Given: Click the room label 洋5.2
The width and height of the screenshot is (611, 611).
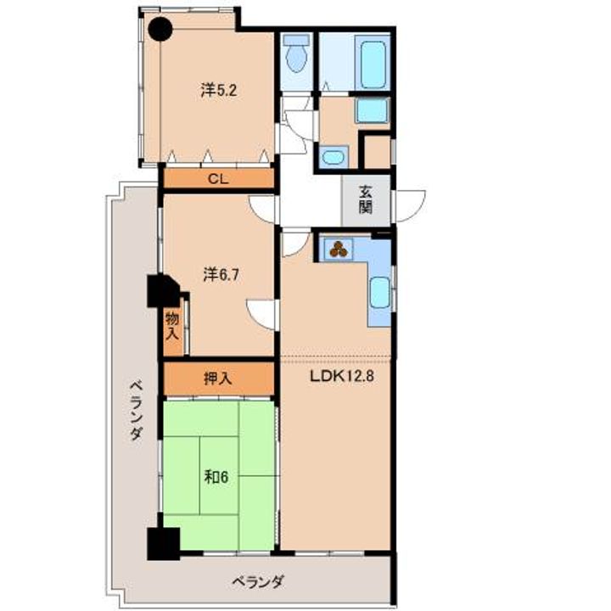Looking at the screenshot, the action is (219, 91).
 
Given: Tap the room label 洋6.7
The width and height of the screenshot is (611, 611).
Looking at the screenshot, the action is (221, 275).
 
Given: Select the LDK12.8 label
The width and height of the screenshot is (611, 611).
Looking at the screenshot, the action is (342, 376).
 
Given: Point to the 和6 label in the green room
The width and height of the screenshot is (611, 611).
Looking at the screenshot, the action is (216, 477).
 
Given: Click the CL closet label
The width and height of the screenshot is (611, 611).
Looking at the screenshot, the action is (218, 179).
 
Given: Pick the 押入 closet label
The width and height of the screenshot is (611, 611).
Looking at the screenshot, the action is (218, 378).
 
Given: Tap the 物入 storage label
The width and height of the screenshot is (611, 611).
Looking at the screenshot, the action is (172, 326).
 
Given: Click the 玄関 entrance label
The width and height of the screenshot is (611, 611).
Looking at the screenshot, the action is (366, 200).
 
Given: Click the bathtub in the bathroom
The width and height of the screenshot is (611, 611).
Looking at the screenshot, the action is (373, 64).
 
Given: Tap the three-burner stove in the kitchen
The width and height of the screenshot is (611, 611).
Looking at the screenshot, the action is (339, 249).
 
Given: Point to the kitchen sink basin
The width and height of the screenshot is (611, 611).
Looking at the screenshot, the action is (380, 292).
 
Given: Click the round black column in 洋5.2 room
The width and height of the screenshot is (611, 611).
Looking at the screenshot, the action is (160, 29).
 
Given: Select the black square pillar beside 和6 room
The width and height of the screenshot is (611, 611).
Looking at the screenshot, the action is (163, 544).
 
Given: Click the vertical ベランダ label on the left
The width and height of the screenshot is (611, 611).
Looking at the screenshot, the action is (136, 411).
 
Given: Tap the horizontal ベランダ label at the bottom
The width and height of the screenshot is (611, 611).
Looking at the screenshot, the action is (258, 582).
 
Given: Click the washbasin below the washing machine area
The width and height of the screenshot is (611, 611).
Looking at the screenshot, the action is (334, 157).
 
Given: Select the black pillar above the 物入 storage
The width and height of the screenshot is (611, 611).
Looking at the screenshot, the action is (163, 291).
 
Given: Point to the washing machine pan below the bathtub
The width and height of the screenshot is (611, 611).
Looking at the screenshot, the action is (373, 110).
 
